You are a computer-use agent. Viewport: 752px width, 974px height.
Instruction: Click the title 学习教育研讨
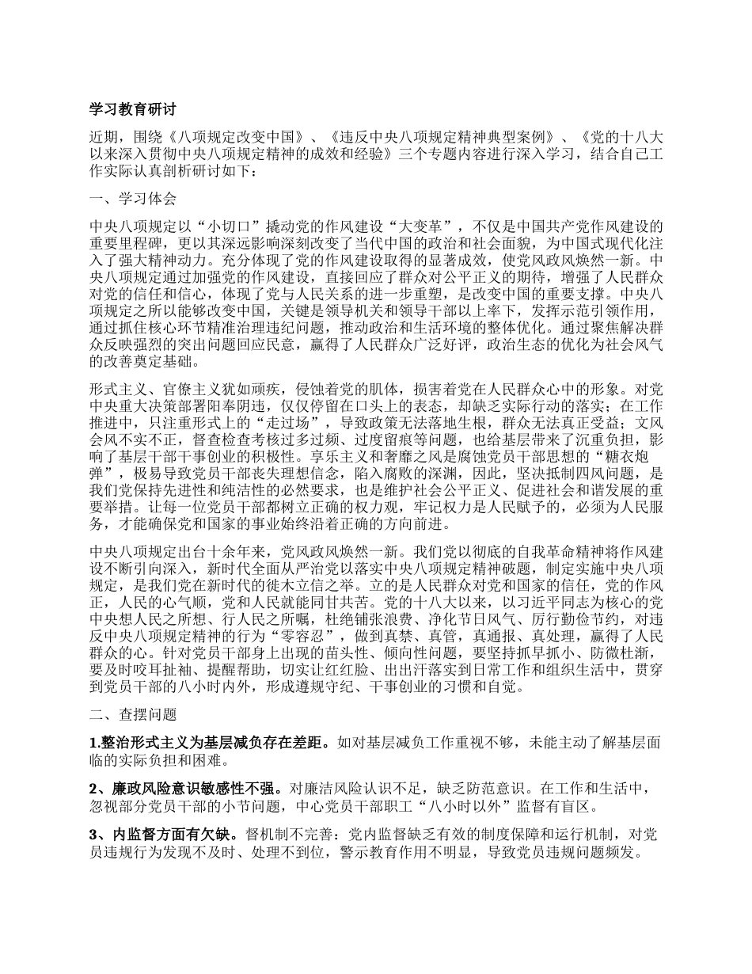[132, 109]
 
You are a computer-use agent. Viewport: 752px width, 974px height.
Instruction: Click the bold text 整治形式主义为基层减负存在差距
[214, 744]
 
